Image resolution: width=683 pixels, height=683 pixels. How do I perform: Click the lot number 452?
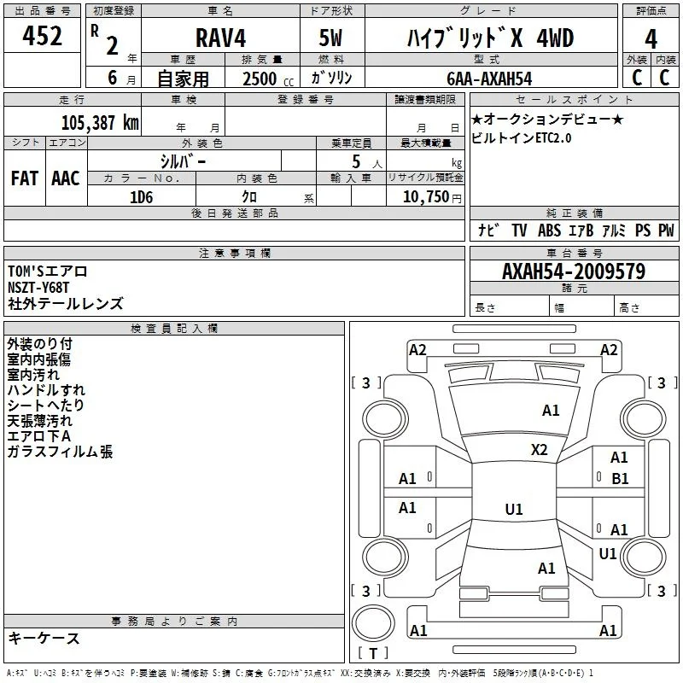click(x=42, y=36)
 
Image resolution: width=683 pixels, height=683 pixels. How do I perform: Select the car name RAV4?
click(x=220, y=38)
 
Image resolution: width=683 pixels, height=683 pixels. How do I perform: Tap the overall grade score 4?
click(x=651, y=38)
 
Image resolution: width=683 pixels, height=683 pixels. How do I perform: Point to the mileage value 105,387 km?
click(x=100, y=123)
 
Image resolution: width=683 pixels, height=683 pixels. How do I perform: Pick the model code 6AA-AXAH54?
click(x=489, y=79)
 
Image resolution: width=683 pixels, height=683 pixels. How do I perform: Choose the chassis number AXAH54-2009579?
click(x=574, y=271)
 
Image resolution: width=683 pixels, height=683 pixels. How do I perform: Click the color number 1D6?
click(x=141, y=197)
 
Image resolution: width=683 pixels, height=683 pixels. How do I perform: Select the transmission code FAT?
click(x=25, y=178)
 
